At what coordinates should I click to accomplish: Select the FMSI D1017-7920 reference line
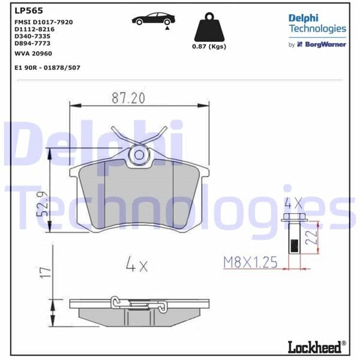[x=43, y=22]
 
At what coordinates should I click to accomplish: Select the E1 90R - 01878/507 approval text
[x=47, y=67]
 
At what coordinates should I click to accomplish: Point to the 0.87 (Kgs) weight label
[x=209, y=47]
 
